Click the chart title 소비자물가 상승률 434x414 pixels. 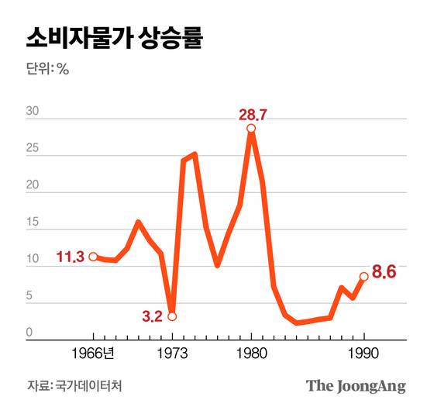114,37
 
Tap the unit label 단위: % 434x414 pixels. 48,68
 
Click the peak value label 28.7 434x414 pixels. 253,115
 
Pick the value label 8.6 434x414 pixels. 385,272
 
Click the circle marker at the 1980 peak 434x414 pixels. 251,129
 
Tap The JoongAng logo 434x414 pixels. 356,385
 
